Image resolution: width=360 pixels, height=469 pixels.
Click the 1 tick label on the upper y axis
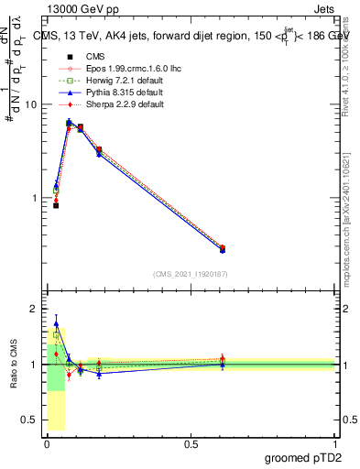[33, 198]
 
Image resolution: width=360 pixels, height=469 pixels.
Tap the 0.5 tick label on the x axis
[191, 444]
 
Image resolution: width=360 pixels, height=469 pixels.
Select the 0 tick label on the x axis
[47, 444]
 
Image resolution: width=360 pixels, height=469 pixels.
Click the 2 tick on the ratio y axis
[35, 309]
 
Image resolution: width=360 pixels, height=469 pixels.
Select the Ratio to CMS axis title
[14, 365]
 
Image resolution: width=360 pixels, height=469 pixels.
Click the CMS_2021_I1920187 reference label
[191, 274]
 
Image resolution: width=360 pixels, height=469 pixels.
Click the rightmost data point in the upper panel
[223, 248]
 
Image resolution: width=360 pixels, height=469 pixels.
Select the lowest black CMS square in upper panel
[56, 205]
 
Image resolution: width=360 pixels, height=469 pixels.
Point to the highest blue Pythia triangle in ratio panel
[56, 323]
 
